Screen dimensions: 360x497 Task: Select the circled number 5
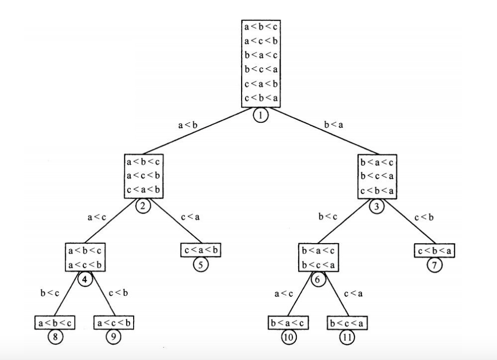coord(200,264)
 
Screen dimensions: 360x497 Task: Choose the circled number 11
coord(347,338)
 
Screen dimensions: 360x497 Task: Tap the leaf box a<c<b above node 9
coord(114,323)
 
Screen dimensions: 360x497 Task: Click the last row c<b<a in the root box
coord(260,98)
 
